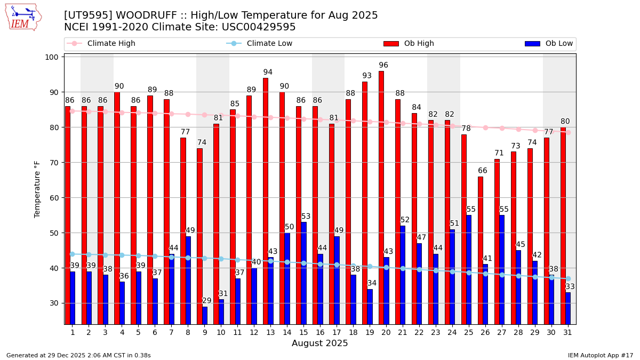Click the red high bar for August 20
tap(381, 197)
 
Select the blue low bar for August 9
tap(205, 315)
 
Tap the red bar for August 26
tap(481, 250)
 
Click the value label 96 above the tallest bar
tap(383, 65)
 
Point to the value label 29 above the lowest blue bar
tap(207, 301)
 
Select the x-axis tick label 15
tap(303, 332)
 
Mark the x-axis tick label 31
tap(568, 332)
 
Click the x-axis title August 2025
tap(319, 343)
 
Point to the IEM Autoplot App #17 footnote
tap(601, 355)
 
